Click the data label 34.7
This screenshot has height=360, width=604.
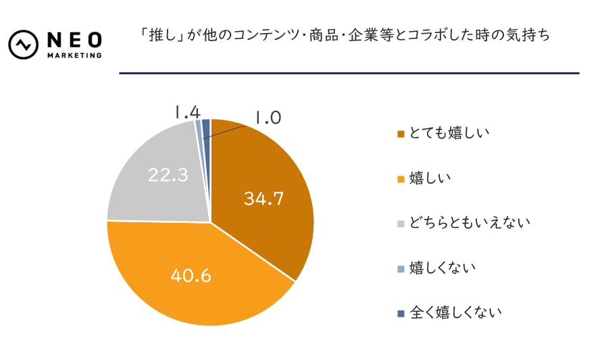coord(263,199)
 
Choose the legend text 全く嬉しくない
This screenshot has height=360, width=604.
coord(455,313)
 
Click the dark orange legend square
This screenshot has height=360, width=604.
coord(401,134)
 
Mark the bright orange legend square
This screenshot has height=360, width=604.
coord(401,179)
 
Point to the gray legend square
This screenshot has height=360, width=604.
coord(401,223)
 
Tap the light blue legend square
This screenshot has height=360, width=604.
coord(401,268)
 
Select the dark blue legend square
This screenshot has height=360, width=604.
coord(401,313)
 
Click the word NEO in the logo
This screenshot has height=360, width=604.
coord(74,39)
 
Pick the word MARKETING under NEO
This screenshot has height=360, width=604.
coord(74,55)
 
